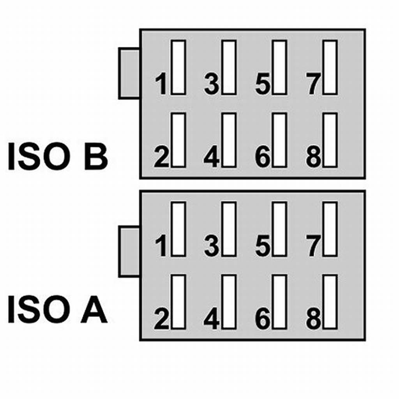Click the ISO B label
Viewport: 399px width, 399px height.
pos(57,157)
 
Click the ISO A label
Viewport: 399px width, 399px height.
pos(57,310)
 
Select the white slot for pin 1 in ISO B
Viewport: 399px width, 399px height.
pos(178,67)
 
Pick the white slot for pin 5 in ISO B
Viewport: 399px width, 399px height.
pos(280,67)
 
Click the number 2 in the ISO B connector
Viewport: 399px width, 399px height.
pos(161,157)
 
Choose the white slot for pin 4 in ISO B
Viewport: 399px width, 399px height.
pos(229,140)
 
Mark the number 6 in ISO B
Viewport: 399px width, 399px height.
pos(263,157)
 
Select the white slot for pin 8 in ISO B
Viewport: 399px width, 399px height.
pos(330,140)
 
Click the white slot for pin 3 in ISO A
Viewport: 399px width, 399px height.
pos(229,229)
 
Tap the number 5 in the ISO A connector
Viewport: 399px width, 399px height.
pos(263,246)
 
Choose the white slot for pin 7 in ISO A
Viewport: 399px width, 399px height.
pos(330,229)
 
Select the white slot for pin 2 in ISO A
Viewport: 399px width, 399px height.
pos(178,302)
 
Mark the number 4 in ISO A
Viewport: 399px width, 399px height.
pos(212,320)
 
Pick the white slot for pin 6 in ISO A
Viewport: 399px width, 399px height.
pos(280,302)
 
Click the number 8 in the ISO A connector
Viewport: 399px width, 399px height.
pos(313,320)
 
